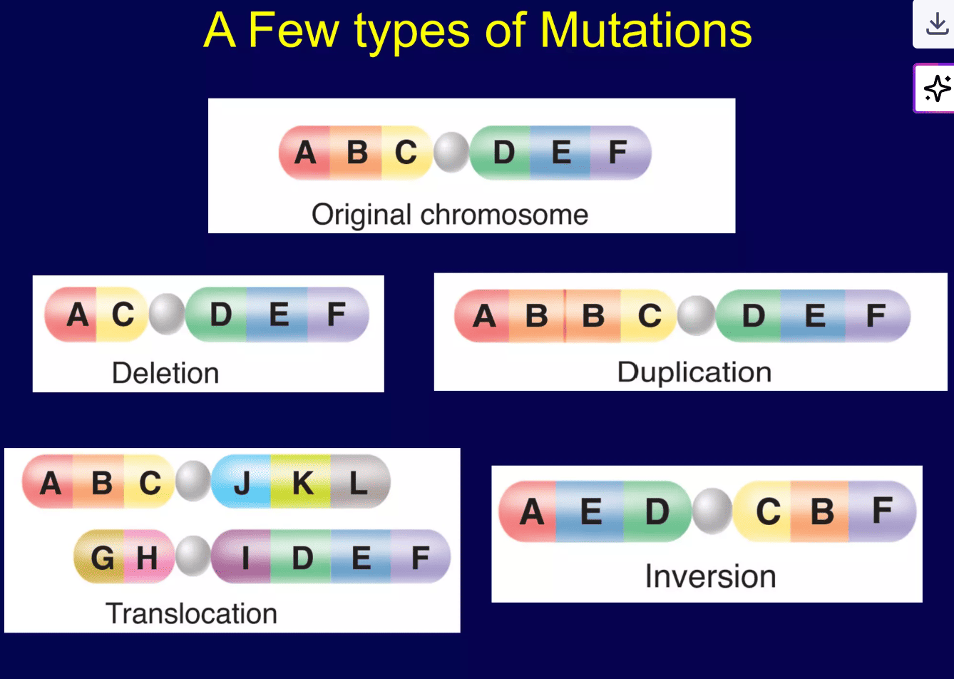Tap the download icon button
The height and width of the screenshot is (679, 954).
click(936, 25)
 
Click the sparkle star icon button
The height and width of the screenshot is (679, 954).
click(936, 88)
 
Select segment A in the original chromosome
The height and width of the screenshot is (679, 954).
click(305, 153)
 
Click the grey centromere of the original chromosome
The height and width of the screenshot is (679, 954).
click(451, 153)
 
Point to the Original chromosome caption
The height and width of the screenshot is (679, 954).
click(450, 215)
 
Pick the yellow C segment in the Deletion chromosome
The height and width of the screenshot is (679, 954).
click(123, 315)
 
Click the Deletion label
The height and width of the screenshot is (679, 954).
click(165, 373)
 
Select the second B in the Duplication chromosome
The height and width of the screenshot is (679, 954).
click(593, 315)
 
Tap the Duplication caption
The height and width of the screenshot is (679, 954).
click(694, 372)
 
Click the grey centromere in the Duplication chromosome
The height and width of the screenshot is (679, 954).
click(696, 315)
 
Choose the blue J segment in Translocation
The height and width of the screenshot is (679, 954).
click(242, 483)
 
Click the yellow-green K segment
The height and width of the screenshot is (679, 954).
click(302, 483)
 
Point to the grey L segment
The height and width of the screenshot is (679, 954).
click(359, 483)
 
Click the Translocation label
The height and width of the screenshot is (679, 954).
click(191, 613)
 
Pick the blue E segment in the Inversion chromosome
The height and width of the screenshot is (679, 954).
click(590, 511)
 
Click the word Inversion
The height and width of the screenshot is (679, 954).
click(710, 576)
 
